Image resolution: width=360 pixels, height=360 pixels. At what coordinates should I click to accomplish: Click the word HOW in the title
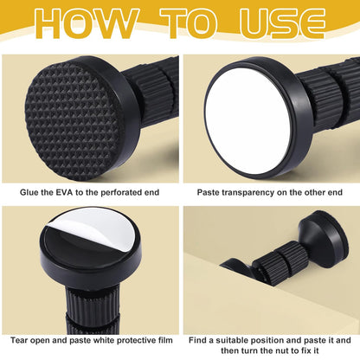86,23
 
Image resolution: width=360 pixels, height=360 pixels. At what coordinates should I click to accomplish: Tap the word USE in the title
282,23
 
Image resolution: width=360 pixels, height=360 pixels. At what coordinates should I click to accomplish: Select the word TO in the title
188,23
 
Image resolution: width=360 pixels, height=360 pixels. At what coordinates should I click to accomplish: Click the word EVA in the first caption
64,192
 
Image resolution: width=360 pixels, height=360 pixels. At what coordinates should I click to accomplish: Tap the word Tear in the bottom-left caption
19,340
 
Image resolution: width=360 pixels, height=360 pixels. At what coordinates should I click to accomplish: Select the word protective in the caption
132,341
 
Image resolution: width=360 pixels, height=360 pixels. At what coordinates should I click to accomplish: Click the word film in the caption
165,340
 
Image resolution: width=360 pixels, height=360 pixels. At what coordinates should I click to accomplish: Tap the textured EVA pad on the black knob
72,119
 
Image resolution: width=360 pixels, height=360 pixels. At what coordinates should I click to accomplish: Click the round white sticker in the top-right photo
248,122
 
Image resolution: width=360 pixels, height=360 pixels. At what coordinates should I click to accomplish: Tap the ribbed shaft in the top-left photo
153,88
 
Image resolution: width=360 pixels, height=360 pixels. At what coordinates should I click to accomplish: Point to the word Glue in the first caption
29,192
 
